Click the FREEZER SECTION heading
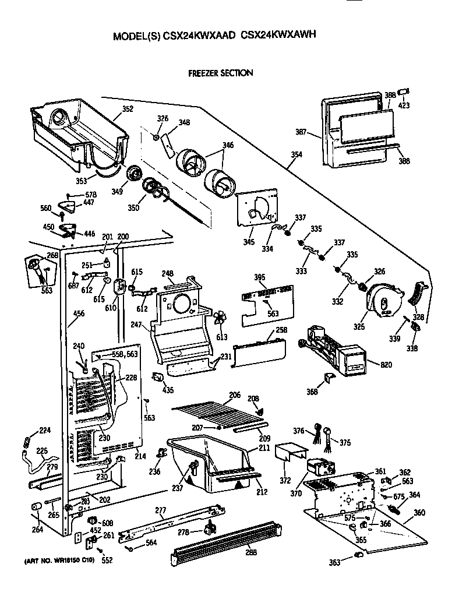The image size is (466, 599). pos(220,73)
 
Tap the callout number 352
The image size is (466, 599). pos(128,109)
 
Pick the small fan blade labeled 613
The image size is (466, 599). pos(221,318)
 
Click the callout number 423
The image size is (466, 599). pos(404,105)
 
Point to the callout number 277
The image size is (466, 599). pos(161,510)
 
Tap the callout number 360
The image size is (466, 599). pos(419,513)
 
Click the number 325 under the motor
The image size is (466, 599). pos(359,327)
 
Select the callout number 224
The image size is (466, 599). pos(45,431)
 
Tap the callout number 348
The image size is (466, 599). pos(184,122)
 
